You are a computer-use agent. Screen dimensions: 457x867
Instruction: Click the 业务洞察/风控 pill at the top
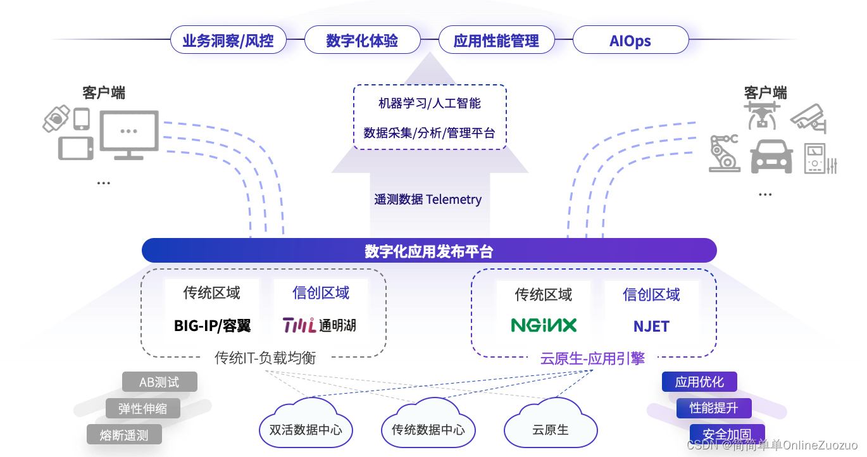point(228,41)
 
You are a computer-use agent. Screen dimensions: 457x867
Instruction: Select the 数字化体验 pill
point(362,41)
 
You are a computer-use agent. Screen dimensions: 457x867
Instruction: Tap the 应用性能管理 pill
point(496,41)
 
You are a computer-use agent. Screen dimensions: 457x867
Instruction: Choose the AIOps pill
point(630,41)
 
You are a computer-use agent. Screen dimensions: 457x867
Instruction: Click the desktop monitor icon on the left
point(129,134)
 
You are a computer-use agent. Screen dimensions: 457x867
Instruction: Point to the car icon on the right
point(771,156)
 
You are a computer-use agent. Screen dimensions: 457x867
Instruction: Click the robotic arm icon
point(724,153)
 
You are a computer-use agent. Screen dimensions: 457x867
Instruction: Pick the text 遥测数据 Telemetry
point(428,199)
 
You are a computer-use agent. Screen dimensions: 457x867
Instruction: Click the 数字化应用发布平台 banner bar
point(429,251)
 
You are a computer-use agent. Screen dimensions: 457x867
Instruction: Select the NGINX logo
point(544,325)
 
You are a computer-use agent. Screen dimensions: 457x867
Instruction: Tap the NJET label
point(651,326)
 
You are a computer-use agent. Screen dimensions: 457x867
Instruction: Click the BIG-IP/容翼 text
point(212,326)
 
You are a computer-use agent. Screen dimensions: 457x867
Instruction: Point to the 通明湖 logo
point(319,325)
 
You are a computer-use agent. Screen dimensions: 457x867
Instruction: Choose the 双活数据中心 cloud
point(306,429)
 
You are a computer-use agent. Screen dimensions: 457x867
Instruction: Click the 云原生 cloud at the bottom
point(550,429)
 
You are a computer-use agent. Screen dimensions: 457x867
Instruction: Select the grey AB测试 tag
point(159,382)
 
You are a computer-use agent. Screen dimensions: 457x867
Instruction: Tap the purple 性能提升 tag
point(713,408)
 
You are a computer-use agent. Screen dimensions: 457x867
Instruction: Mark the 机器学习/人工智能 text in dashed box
point(430,103)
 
